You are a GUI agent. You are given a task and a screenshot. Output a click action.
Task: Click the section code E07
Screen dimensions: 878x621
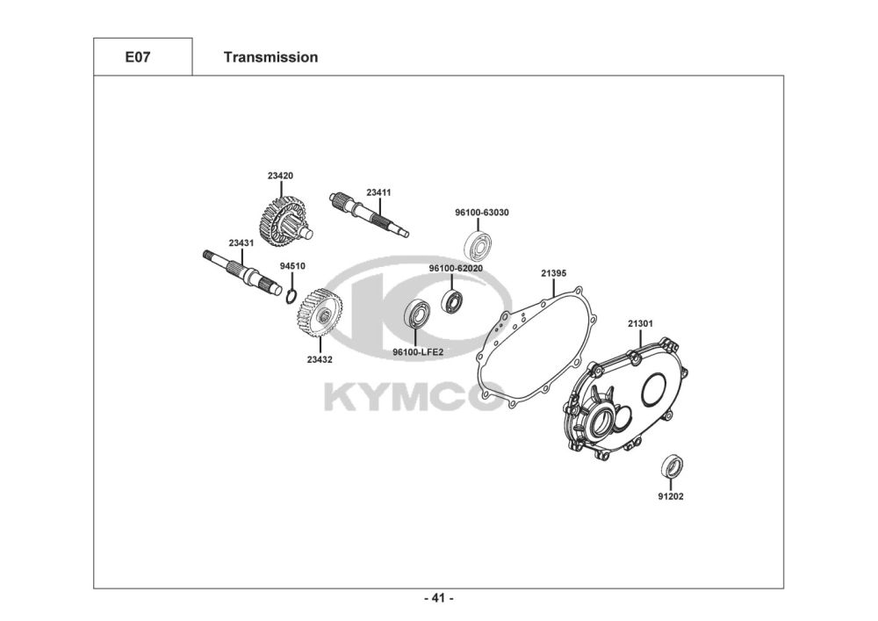136,58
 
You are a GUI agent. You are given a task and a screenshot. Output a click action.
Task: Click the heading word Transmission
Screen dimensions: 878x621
270,58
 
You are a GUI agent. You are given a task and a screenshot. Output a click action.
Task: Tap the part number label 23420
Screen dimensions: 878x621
280,176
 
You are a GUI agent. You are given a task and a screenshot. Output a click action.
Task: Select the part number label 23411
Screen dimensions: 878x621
378,191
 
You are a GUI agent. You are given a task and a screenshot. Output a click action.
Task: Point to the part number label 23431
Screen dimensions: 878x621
241,242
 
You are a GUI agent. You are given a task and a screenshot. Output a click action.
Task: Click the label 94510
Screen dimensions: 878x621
292,265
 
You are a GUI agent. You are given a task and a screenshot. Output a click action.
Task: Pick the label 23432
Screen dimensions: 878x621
320,358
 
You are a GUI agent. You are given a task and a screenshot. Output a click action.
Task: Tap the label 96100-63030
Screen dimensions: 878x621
482,213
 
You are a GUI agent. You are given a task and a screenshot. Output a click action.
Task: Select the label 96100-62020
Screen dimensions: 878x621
455,268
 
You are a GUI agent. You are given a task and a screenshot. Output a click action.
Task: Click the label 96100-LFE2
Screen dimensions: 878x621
418,352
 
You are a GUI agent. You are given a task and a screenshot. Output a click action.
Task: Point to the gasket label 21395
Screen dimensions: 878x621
553,274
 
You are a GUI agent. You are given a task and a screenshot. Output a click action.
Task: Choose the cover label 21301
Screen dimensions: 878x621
640,323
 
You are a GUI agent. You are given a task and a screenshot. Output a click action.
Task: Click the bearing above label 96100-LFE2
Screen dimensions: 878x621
416,314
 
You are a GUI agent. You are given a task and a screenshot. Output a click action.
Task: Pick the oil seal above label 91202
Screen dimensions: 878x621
672,466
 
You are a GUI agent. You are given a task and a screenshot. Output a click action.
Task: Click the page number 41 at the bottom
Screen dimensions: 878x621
438,599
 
